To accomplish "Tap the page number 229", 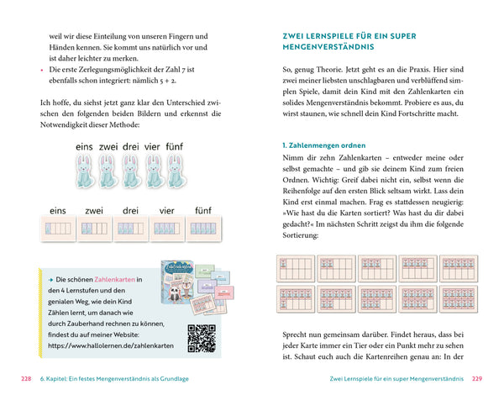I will pyautogui.click(x=477, y=379).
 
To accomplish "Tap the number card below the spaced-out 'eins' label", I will pyautogui.click(x=58, y=228).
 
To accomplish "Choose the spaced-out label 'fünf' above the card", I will pyautogui.click(x=202, y=210).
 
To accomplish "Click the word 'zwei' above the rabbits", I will pyautogui.click(x=108, y=146).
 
